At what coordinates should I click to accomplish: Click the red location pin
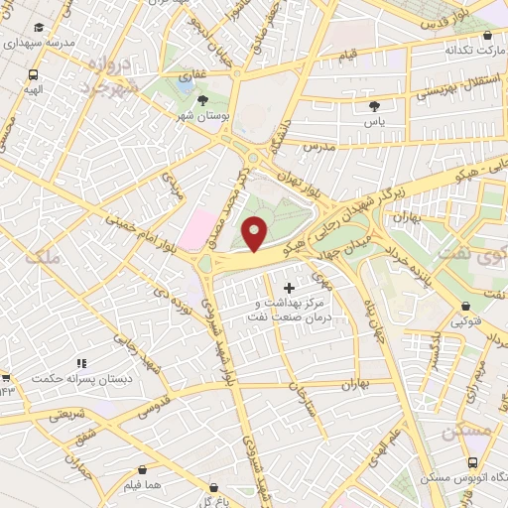[x=256, y=233]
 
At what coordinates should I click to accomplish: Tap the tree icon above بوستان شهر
[x=202, y=100]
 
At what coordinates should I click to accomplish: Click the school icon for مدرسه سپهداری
[x=39, y=28]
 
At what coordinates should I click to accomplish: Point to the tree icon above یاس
[x=374, y=105]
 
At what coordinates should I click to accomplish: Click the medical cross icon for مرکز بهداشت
[x=289, y=288]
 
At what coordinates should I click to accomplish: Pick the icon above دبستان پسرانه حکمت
[x=81, y=364]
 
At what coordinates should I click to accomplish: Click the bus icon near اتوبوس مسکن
[x=472, y=462]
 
